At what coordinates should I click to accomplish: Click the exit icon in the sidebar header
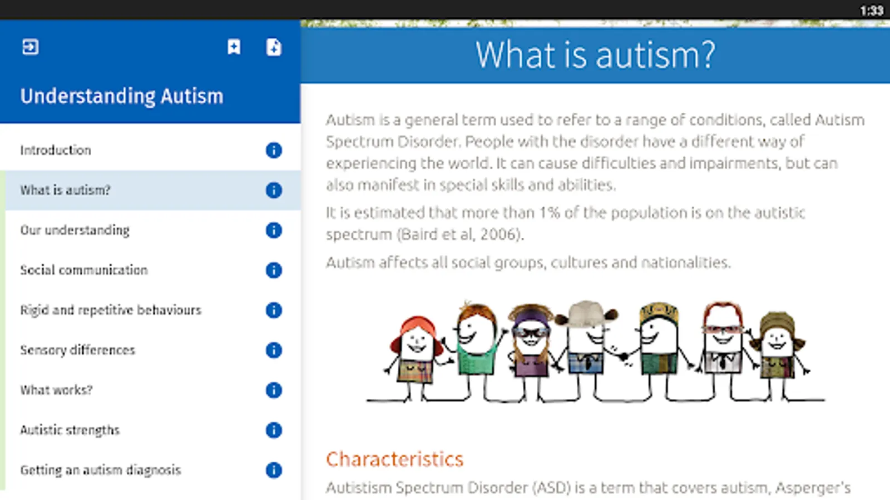pos(30,47)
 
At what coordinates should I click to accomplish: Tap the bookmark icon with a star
pos(234,47)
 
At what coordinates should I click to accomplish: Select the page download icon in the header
pos(274,47)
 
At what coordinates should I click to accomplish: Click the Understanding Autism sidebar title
pos(122,97)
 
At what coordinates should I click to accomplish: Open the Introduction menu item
pos(56,151)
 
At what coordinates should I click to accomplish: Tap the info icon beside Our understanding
pos(274,230)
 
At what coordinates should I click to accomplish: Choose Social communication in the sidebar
pos(84,270)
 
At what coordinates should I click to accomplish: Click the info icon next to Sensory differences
pos(274,350)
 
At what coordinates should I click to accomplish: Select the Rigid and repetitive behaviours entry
pos(111,310)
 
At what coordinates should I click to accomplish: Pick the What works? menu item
pos(56,390)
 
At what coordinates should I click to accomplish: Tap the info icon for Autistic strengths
pos(274,430)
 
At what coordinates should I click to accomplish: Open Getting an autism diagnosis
pos(101,470)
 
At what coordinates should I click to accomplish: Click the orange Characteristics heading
pos(394,459)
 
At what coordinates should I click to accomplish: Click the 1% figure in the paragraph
pos(550,213)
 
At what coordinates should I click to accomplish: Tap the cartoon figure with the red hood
pos(416,357)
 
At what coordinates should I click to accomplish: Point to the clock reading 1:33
pos(872,11)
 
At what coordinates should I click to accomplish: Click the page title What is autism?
pos(595,55)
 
